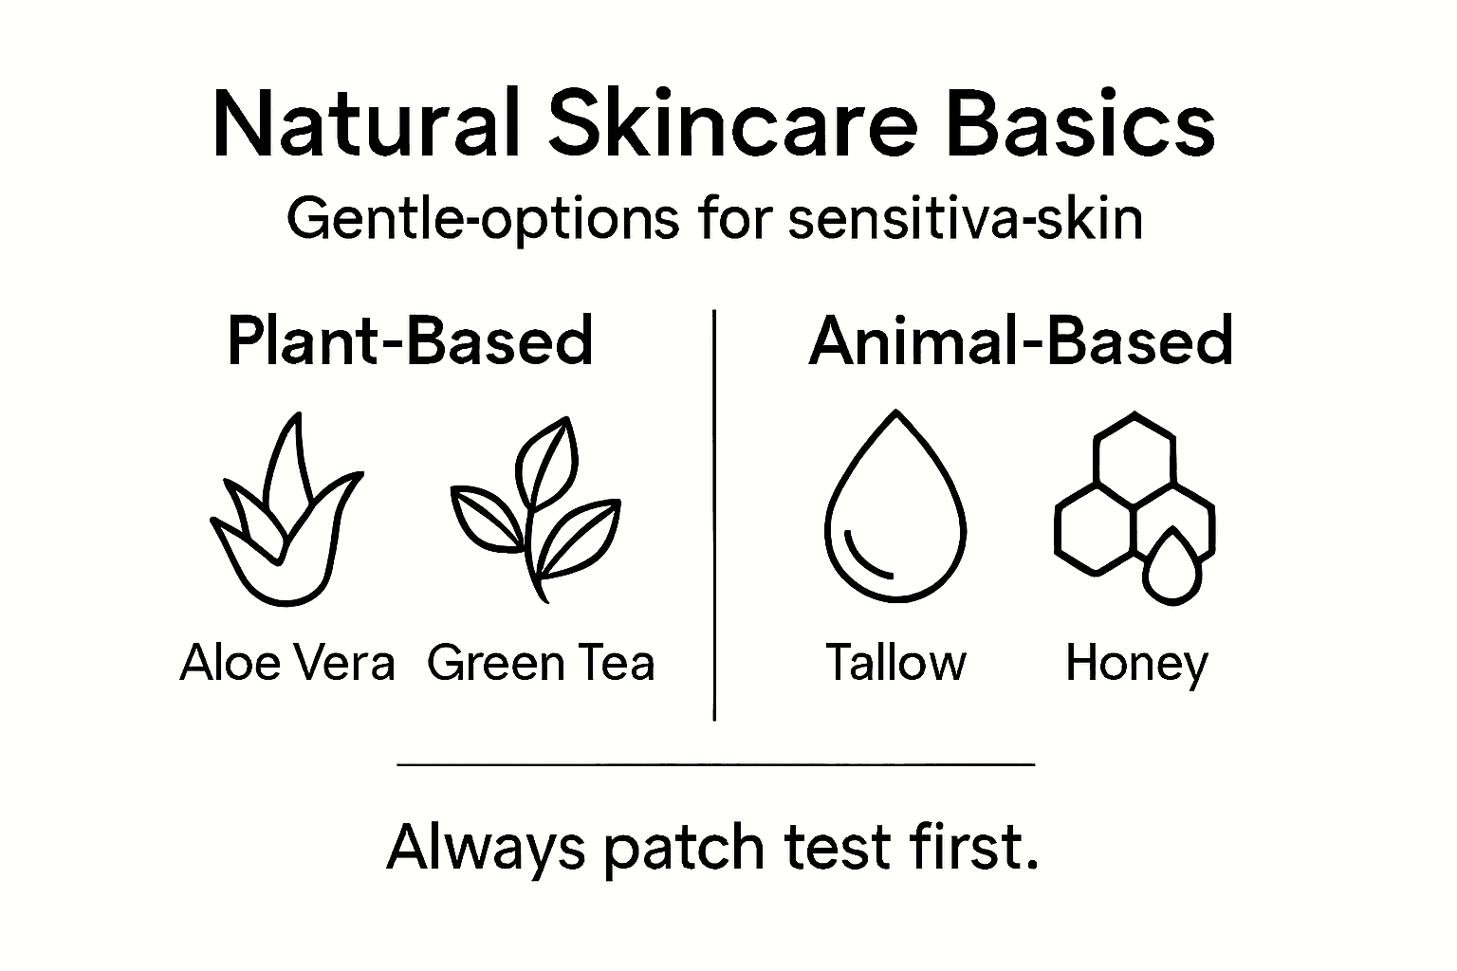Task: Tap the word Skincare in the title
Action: (x=734, y=125)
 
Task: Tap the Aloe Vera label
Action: (x=286, y=662)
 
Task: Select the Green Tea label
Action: (x=541, y=662)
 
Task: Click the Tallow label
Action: (x=895, y=662)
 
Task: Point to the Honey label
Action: (x=1136, y=664)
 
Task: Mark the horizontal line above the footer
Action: (x=715, y=763)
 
